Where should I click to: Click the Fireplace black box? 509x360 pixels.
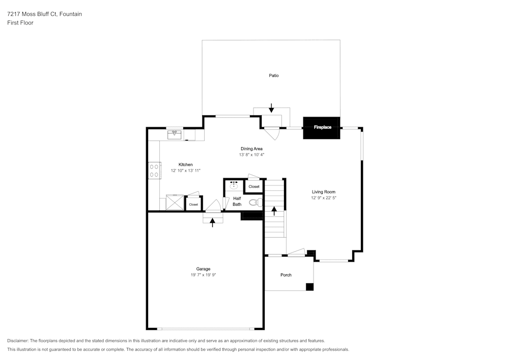pos(321,127)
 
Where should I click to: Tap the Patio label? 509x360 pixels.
pos(274,75)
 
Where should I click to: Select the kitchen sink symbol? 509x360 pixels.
pos(175,134)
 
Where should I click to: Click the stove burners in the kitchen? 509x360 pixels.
pos(154,170)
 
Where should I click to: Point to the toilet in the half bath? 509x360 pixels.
pos(254,203)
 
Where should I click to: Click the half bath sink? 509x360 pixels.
pos(235,186)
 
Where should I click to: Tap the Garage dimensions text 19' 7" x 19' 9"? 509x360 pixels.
pos(203,275)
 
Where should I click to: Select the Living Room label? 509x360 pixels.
pos(323,192)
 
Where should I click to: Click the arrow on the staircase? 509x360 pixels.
pos(274,210)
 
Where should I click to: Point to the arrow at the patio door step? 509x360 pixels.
pos(271,107)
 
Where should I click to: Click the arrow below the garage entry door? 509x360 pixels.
pos(213,222)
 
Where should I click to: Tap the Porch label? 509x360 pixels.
pos(286,275)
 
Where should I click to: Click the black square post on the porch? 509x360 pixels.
pos(309,287)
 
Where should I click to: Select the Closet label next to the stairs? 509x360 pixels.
pos(254,187)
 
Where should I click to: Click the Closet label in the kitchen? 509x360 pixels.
pos(193,205)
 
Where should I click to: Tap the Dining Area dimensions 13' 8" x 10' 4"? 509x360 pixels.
pos(251,155)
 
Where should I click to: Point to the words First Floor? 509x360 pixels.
pos(20,23)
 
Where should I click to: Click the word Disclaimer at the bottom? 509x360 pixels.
pos(18,341)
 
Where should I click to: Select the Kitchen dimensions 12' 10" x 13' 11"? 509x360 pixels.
pos(185,171)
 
